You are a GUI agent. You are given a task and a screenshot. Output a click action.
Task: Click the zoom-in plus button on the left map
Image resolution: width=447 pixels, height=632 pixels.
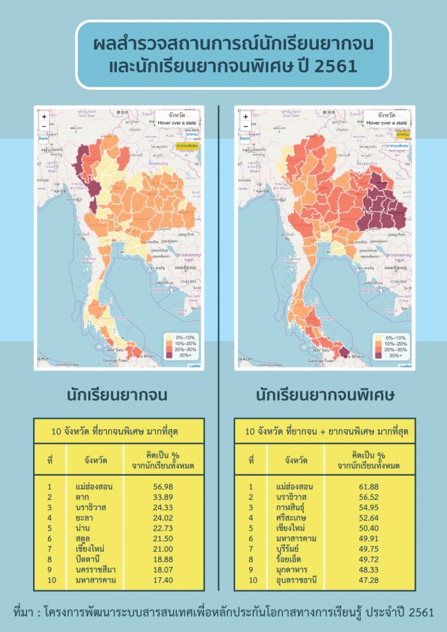(x=44, y=117)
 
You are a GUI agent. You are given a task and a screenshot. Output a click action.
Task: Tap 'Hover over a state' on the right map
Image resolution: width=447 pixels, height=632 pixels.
(x=388, y=122)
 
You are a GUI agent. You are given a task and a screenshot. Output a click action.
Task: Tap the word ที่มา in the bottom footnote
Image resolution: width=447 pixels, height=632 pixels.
(x=25, y=612)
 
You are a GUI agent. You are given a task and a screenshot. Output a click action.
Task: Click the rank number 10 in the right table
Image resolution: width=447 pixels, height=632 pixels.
(x=251, y=580)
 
